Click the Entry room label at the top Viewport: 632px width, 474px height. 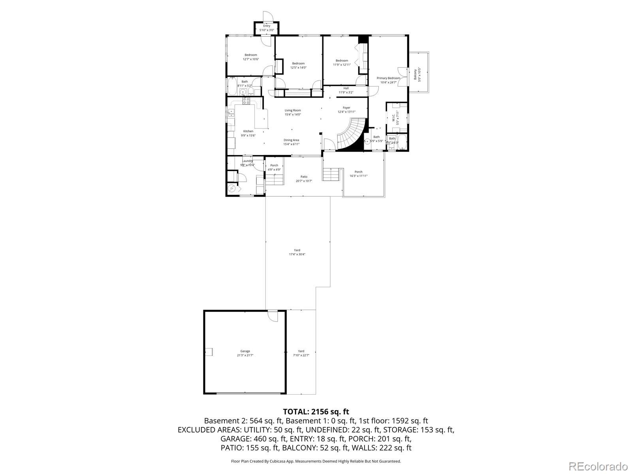(x=267, y=26)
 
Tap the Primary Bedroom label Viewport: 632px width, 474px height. (x=388, y=78)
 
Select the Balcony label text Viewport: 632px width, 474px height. (x=415, y=74)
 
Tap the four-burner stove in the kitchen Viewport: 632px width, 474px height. (x=246, y=102)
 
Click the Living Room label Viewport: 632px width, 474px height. (x=293, y=110)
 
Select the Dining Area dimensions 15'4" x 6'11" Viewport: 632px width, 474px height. (x=291, y=144)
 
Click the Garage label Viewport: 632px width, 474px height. (x=245, y=351)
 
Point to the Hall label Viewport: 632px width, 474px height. (x=346, y=88)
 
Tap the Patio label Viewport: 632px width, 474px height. (x=304, y=177)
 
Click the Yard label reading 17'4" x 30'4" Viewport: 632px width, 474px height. (x=297, y=254)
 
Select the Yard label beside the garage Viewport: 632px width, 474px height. (x=301, y=351)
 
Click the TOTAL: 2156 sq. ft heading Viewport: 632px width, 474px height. (x=316, y=412)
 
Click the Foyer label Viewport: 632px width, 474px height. (x=346, y=107)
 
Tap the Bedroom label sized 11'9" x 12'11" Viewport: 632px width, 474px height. (x=342, y=60)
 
